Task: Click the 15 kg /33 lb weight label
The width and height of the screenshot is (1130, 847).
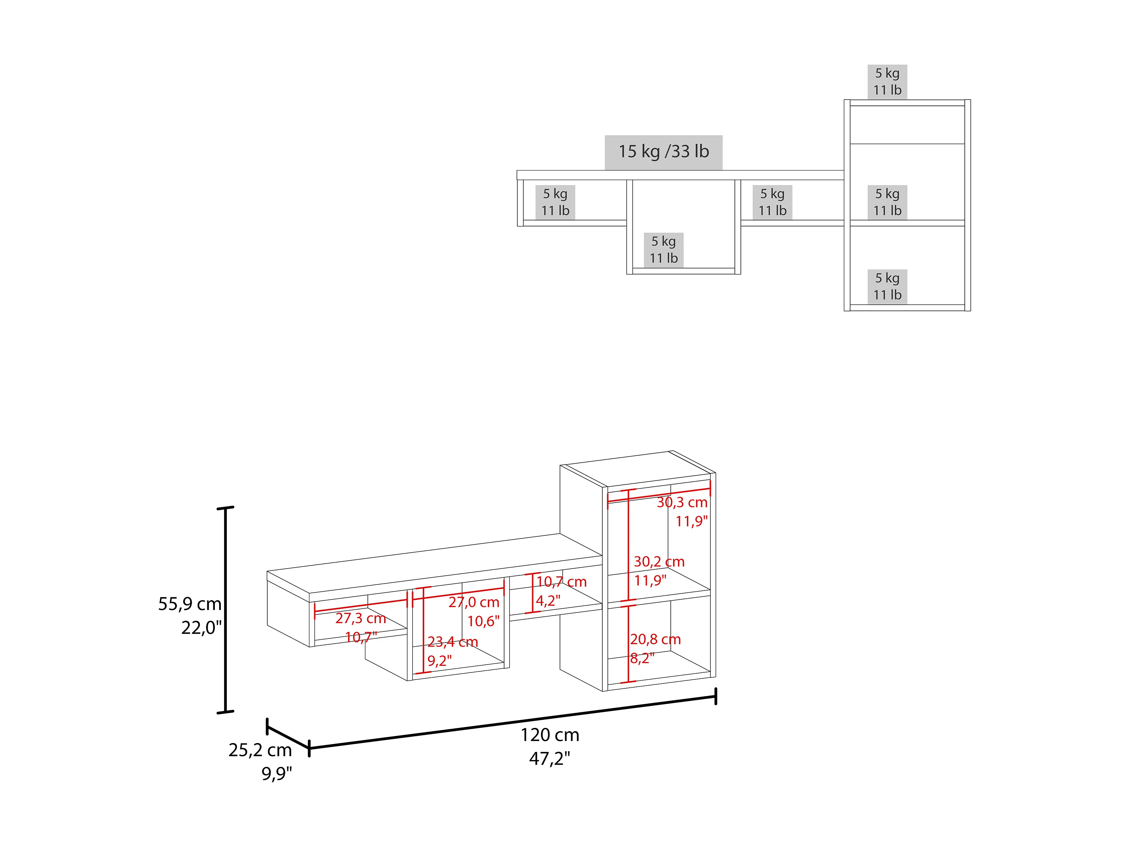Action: (x=663, y=152)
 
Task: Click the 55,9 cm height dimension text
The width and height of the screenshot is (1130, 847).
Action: (x=189, y=604)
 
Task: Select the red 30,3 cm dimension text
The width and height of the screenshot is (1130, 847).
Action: (x=682, y=502)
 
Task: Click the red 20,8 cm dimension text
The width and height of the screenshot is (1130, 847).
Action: (x=655, y=639)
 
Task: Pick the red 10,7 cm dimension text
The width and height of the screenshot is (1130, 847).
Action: (x=561, y=582)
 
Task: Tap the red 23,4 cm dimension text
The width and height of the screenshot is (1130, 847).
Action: (x=453, y=642)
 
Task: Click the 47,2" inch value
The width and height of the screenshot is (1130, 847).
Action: (x=550, y=759)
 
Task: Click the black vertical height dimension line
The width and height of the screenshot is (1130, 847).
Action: (x=225, y=610)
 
